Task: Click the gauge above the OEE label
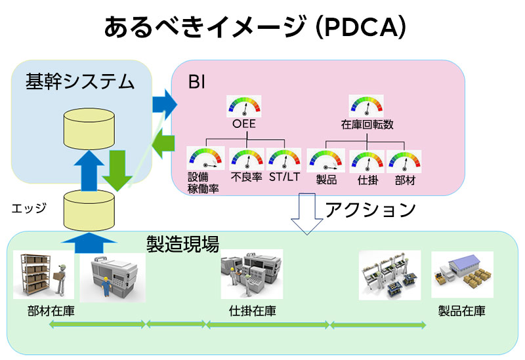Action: point(243,106)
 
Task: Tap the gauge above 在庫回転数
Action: point(366,106)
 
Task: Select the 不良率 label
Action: point(247,176)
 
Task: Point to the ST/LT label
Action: point(284,176)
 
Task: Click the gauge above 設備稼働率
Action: point(205,157)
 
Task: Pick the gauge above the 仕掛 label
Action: point(367,161)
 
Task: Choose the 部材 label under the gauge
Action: point(405,180)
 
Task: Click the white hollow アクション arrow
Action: point(307,213)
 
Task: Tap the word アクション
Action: point(370,210)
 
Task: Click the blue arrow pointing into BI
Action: point(165,104)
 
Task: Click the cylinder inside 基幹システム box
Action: point(89,129)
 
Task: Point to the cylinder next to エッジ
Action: point(89,210)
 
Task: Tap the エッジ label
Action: point(29,209)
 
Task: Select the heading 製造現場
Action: point(183,244)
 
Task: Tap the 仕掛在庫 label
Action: point(253,311)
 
